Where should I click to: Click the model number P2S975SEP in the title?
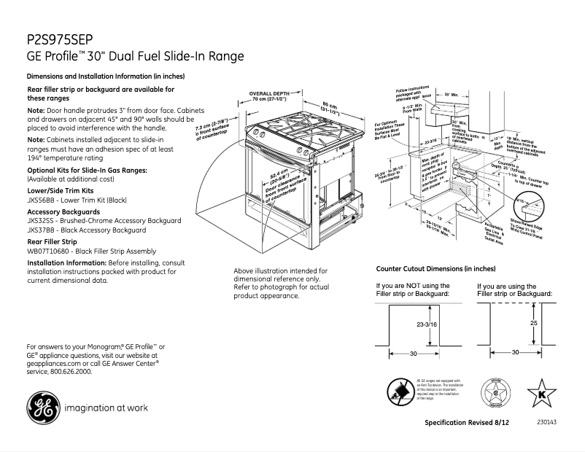pos(59,39)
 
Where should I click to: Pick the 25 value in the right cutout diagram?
pos(533,322)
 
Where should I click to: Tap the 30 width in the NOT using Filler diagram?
pos(413,353)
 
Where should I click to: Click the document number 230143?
pos(546,422)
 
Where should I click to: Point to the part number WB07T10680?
pos(47,251)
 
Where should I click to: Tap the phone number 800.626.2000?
pos(70,371)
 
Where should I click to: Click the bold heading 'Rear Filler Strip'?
pos(52,241)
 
